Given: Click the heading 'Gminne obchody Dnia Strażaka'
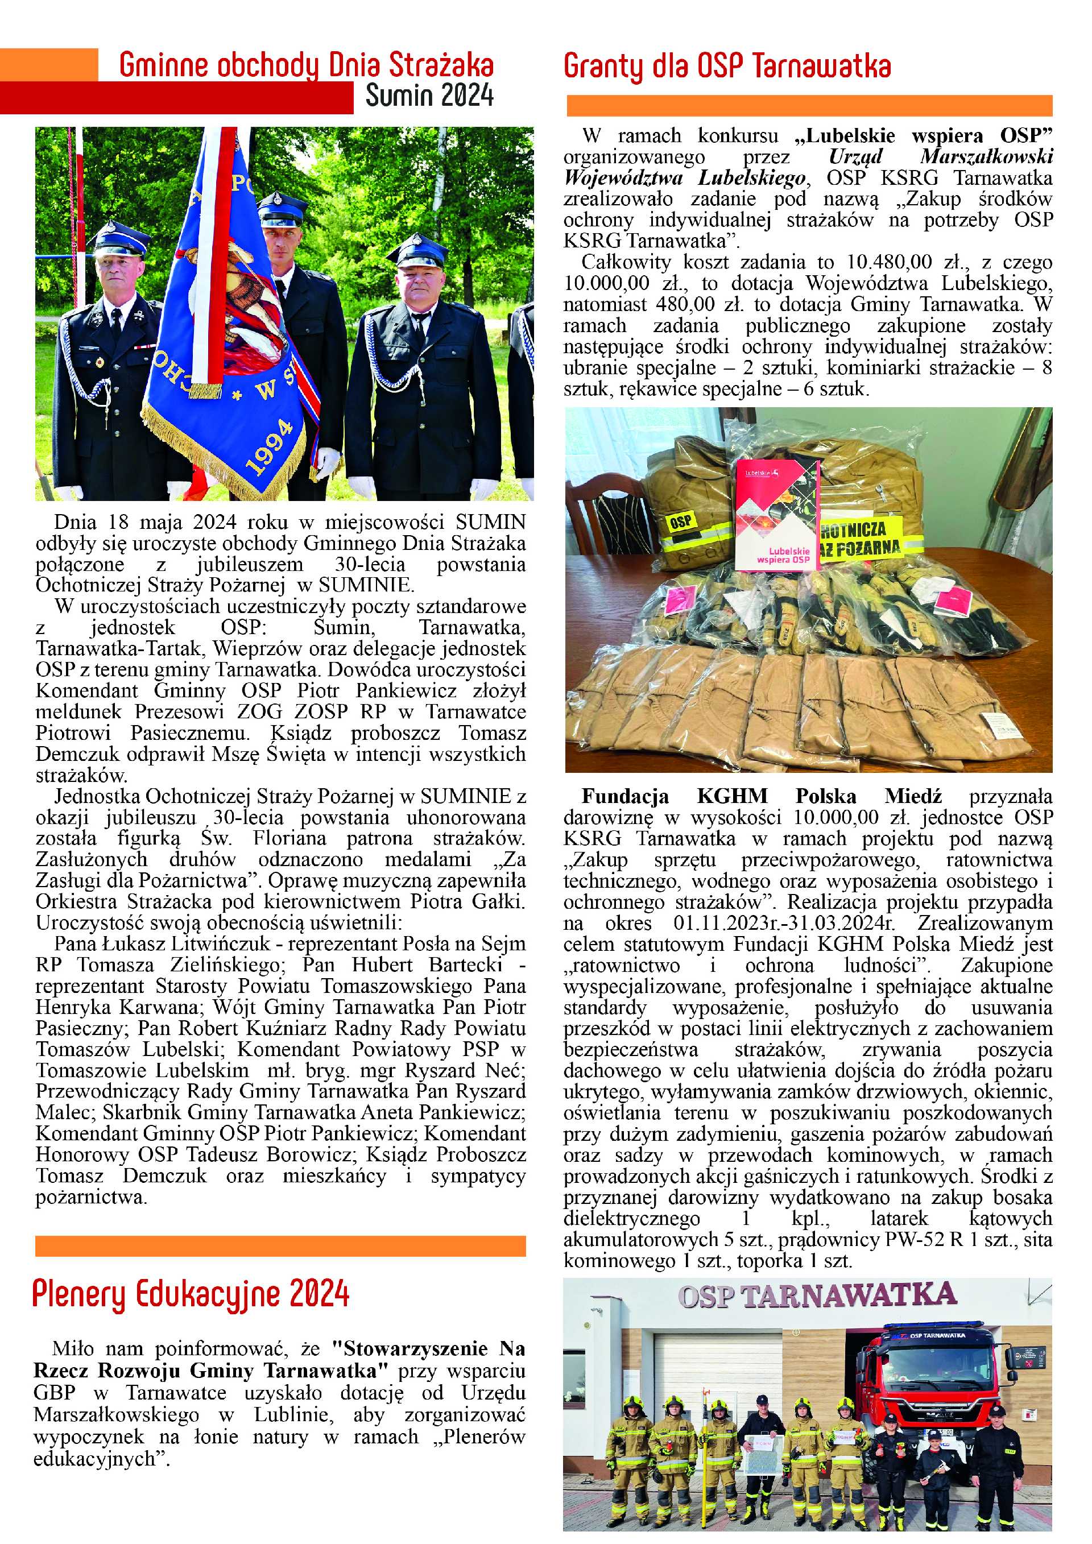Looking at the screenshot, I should [x=306, y=65].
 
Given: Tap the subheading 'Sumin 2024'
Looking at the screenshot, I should [x=429, y=96].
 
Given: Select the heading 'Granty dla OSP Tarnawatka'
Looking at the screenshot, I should [x=727, y=66].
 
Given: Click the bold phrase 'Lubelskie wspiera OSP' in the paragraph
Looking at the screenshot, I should [x=923, y=136].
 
